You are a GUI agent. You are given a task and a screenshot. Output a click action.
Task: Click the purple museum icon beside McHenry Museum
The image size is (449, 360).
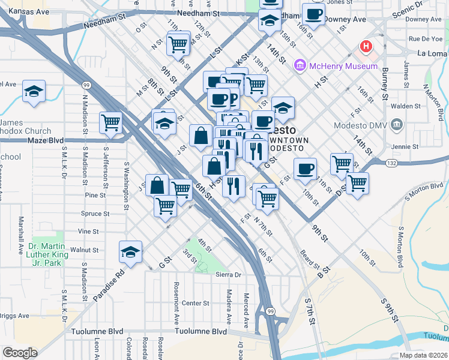(x=300, y=65)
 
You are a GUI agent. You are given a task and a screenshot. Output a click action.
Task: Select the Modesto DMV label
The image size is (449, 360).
(x=360, y=125)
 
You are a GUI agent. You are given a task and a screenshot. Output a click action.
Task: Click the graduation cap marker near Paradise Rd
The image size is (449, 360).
(x=130, y=253)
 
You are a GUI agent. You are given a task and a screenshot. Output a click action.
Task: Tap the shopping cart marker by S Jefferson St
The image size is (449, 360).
(x=111, y=122)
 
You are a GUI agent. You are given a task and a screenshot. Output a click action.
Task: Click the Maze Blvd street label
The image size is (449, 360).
(x=46, y=140)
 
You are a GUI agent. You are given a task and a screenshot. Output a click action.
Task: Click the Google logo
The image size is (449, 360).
(x=20, y=352)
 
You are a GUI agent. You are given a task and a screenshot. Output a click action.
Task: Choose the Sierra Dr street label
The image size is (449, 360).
(x=228, y=275)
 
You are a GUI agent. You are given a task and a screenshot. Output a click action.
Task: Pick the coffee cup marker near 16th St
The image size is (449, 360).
(x=313, y=14)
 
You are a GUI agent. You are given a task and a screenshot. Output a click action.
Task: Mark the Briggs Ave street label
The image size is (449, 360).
(x=14, y=316)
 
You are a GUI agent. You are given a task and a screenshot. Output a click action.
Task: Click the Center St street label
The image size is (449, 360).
(x=195, y=303)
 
